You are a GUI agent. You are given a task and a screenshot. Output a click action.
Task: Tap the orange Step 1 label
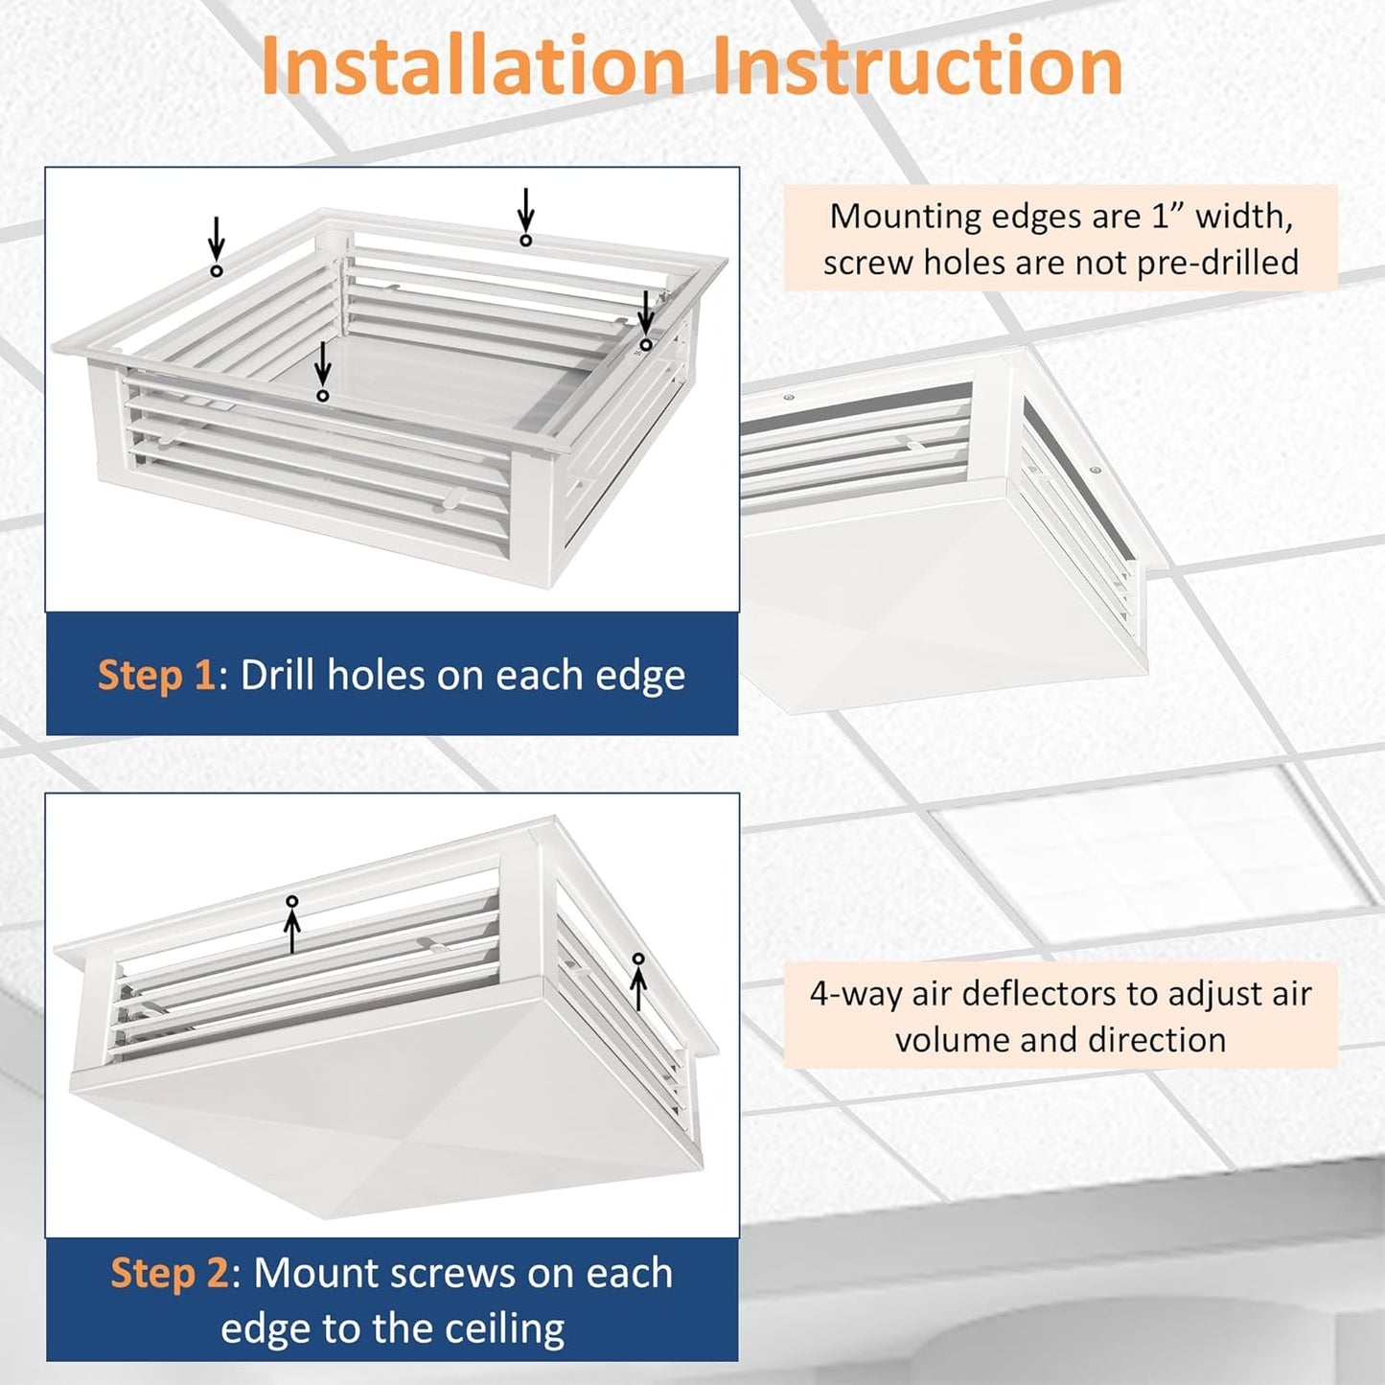156,675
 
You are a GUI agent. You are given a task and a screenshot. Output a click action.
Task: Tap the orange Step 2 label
169,1273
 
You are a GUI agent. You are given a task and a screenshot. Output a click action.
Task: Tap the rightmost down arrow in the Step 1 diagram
646,312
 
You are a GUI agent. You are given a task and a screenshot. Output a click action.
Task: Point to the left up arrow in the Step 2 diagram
292,932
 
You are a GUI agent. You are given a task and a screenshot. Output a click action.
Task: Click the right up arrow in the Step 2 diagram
638,988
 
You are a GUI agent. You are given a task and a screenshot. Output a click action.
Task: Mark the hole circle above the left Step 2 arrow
292,902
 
